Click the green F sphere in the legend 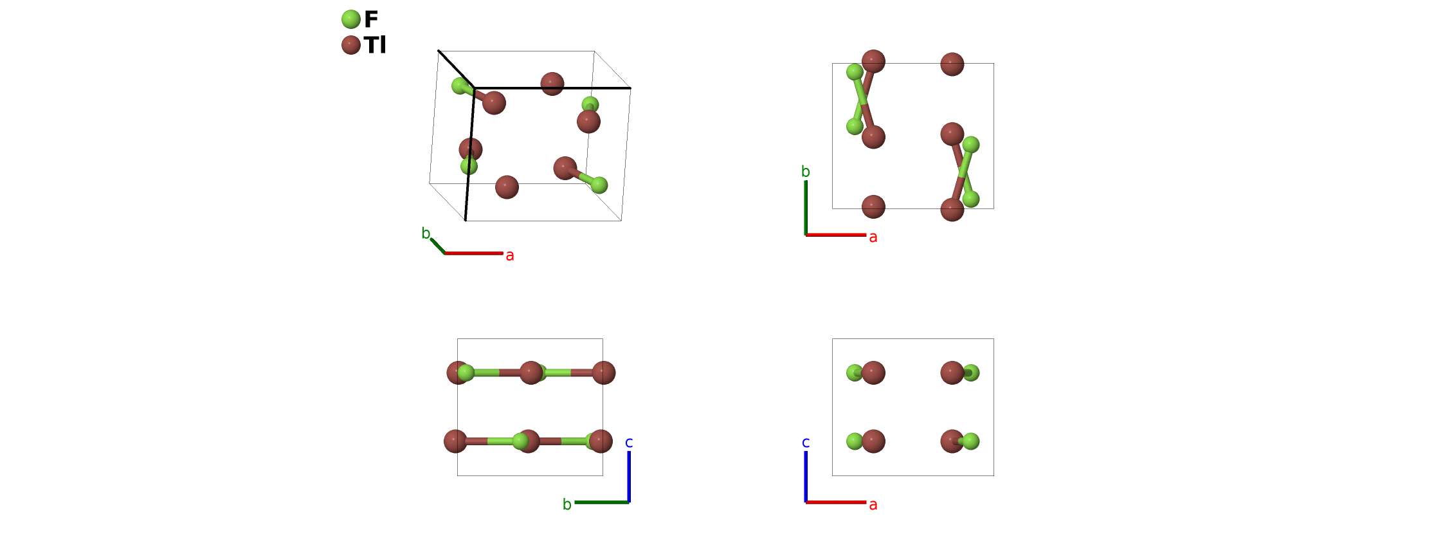tap(350, 19)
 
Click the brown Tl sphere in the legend tap(350, 45)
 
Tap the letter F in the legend tap(371, 19)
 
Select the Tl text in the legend tap(375, 45)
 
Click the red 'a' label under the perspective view tap(510, 255)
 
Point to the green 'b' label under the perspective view tap(426, 234)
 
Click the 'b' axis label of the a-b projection tap(806, 172)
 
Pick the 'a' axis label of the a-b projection tap(873, 237)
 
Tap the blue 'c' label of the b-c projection tap(629, 443)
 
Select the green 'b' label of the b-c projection tap(567, 504)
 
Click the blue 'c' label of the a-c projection tap(806, 443)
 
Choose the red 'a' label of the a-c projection tap(873, 504)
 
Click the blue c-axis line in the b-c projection tap(629, 476)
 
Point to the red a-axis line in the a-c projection tap(836, 502)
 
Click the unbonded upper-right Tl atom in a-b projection tap(952, 64)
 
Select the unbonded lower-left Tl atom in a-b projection tap(873, 207)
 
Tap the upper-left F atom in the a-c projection tap(855, 373)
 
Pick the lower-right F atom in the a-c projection tap(971, 441)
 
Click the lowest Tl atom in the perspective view tap(507, 187)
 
